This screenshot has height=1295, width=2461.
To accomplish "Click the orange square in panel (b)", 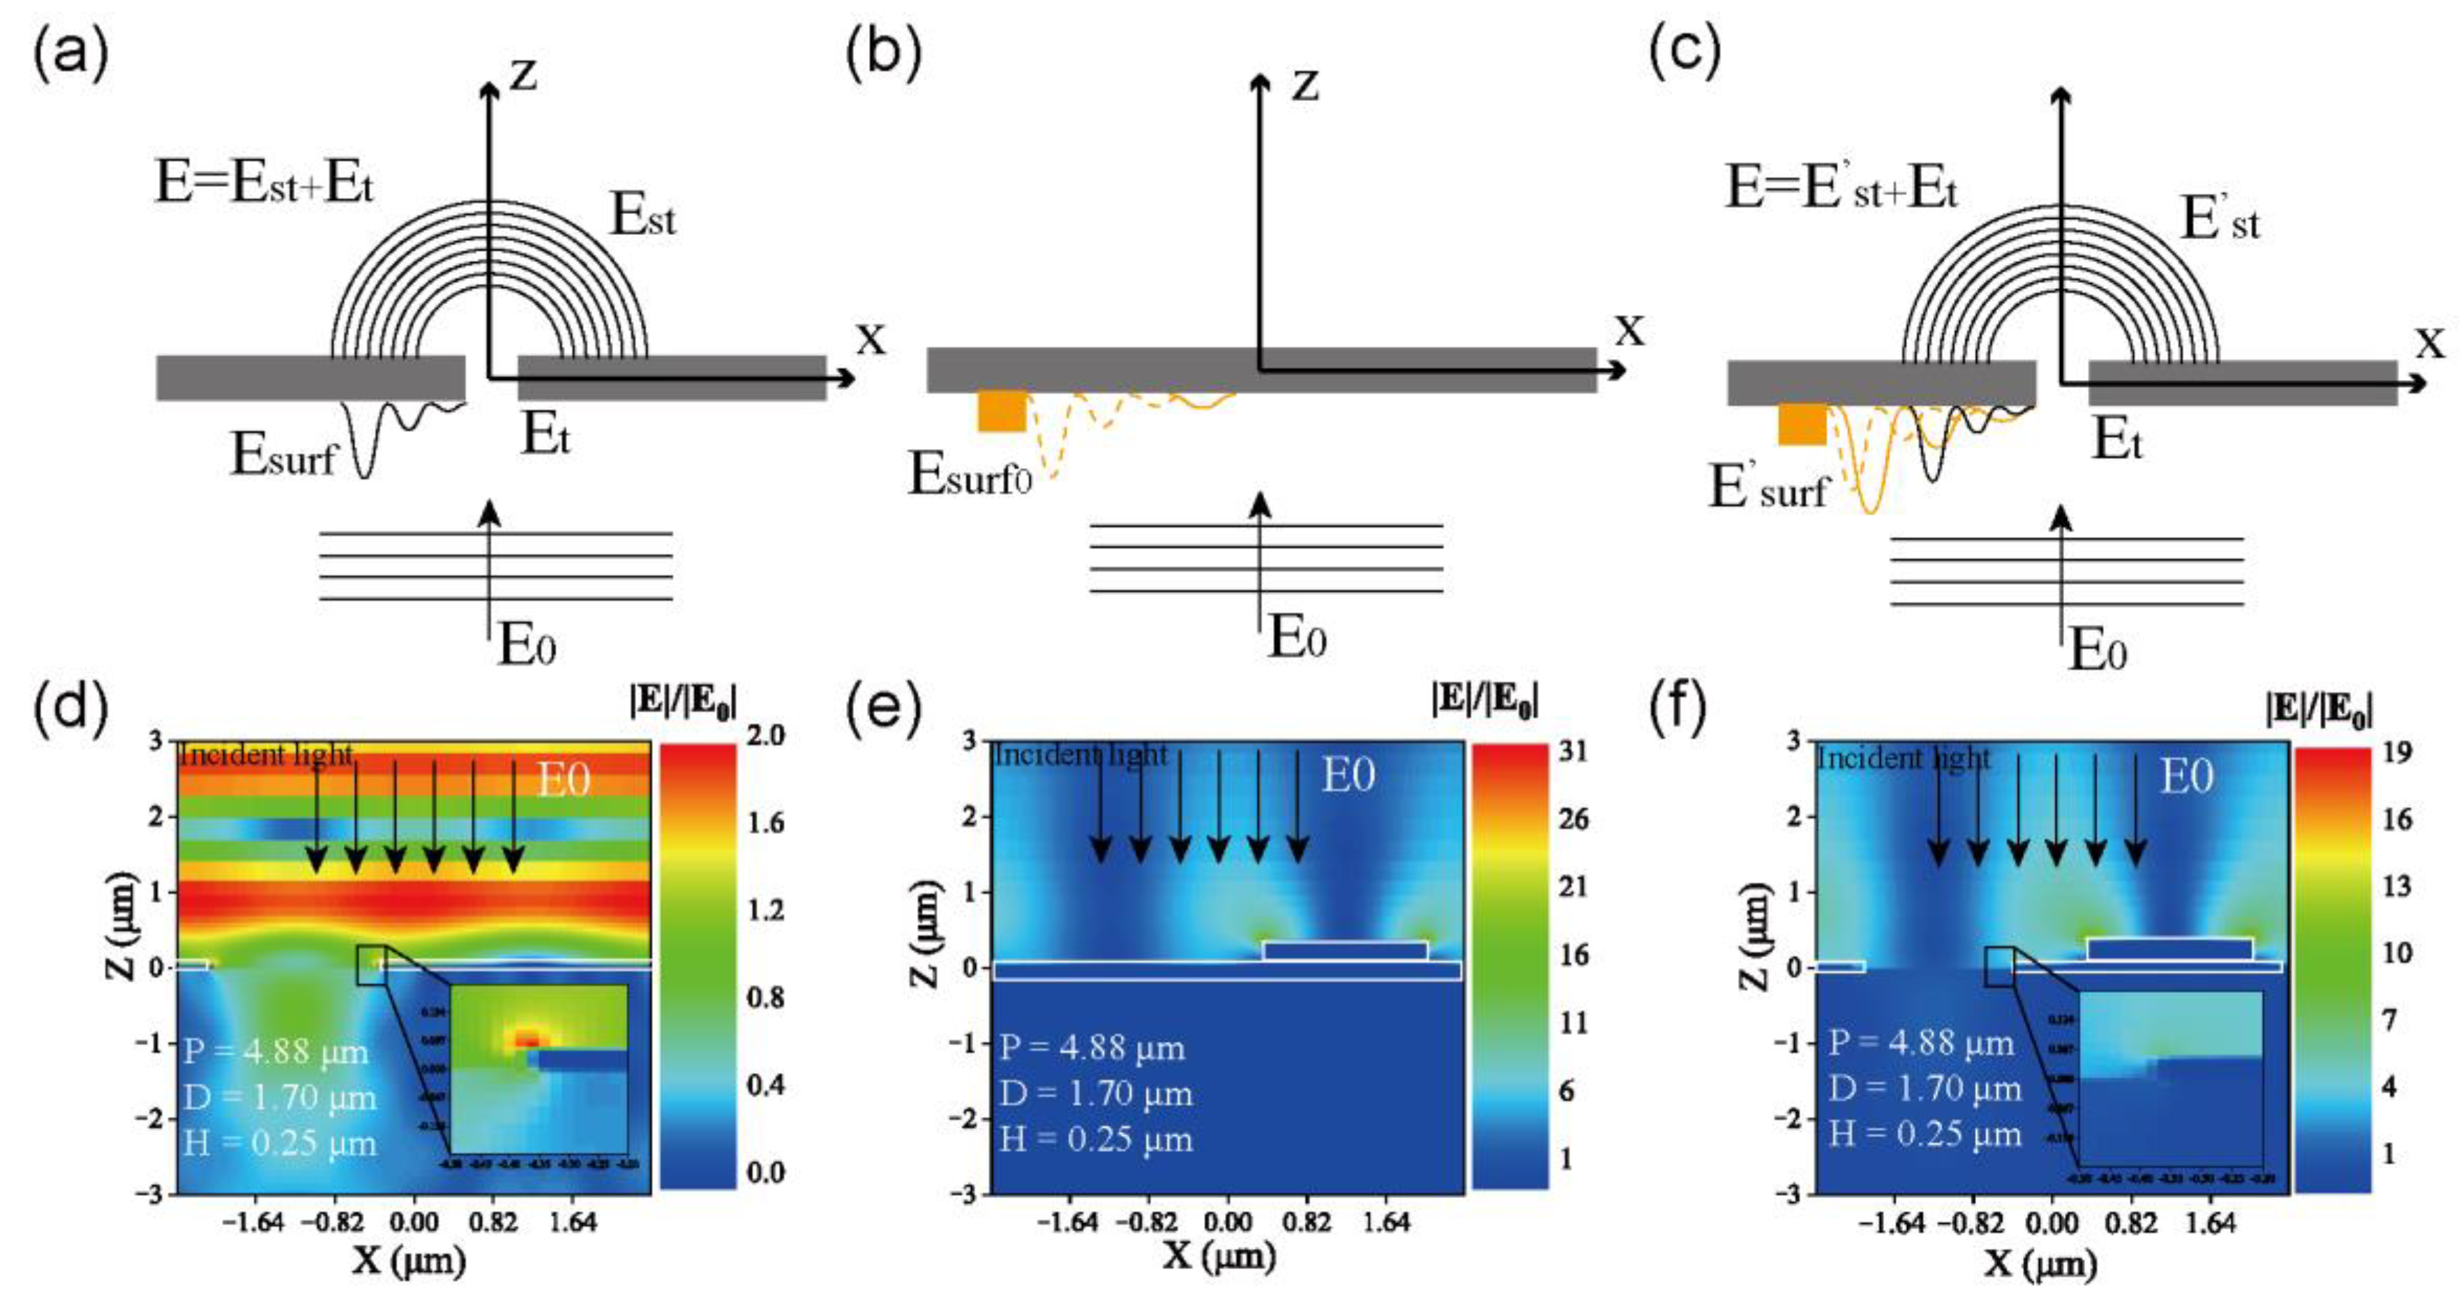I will [x=1001, y=411].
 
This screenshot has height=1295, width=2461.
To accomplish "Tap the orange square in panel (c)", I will [x=1802, y=424].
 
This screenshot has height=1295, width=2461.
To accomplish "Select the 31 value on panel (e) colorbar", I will [x=1572, y=752].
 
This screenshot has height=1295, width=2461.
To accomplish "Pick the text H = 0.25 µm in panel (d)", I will [x=280, y=1142].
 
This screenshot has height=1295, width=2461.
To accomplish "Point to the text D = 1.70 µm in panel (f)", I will [x=1925, y=1089].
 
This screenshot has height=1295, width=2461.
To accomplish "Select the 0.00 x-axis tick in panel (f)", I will [x=2052, y=1222].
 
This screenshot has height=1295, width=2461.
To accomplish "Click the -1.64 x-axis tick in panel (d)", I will [x=253, y=1222].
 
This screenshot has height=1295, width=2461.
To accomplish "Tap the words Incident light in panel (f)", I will [x=1902, y=758].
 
